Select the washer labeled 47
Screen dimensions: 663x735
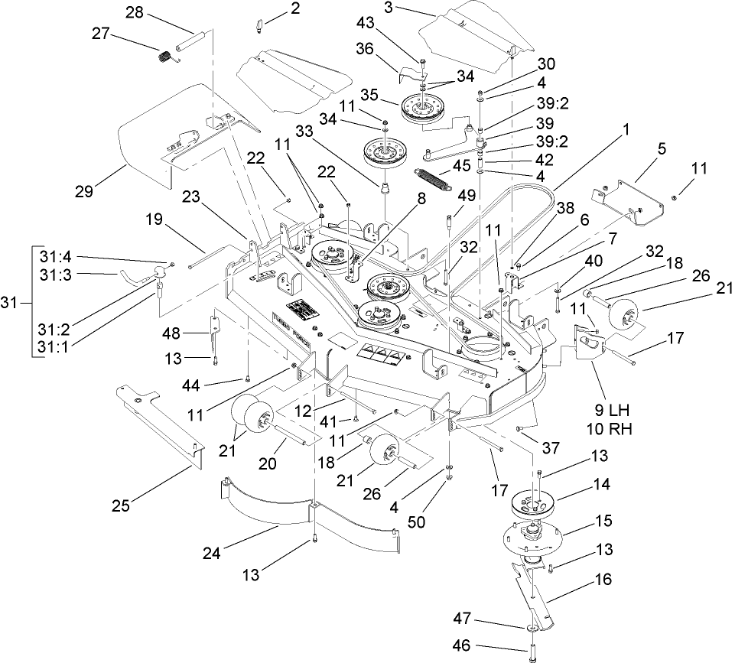(528, 628)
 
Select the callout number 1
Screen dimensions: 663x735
(626, 130)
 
